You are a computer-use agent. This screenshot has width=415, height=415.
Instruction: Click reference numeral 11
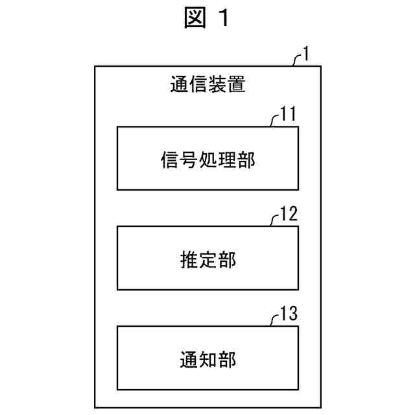click(288, 116)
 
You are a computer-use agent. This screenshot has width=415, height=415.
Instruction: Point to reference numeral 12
click(288, 215)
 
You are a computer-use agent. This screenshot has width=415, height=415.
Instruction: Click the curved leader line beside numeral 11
click(275, 121)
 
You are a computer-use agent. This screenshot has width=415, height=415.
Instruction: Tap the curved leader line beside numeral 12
click(275, 220)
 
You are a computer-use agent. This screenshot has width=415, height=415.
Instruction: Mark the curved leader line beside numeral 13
click(275, 320)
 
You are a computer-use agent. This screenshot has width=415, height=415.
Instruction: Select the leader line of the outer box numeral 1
click(297, 60)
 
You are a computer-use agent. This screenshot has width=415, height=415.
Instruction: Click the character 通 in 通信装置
click(179, 86)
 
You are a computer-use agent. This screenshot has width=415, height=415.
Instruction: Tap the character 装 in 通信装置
click(218, 86)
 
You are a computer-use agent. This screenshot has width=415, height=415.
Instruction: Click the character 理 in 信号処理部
click(227, 160)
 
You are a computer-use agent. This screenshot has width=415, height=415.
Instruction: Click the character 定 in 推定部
click(207, 259)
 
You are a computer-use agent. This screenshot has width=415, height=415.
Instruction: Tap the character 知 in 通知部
click(207, 359)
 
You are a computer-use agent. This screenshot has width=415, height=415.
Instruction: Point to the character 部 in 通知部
click(227, 359)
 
